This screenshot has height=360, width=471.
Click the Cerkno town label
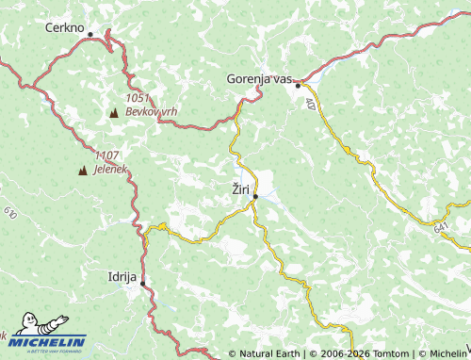pos(64,28)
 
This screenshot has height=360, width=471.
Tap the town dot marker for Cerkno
pos(90,34)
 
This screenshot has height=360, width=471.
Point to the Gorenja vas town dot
pos(298,85)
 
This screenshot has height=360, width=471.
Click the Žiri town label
pos(240,189)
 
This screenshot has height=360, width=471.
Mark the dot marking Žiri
pos(255,196)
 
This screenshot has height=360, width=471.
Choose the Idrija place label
pos(122,277)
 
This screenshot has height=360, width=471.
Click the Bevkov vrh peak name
pos(151,111)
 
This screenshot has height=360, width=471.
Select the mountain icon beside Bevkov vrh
pos(114,112)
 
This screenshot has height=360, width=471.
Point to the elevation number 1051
pos(137,99)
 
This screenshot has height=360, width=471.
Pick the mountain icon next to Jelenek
pos(83,171)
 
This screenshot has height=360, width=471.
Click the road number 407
pos(310,104)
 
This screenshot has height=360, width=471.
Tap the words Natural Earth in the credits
pos(268,354)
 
